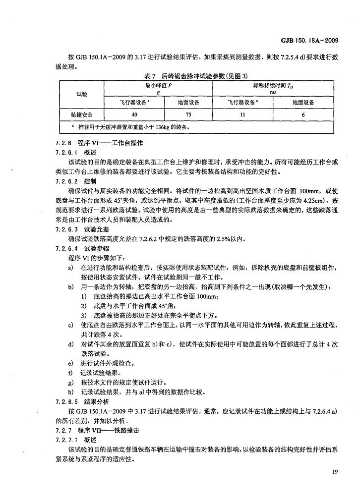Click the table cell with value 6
(303, 114)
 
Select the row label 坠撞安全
(81, 114)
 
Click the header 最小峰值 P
(158, 85)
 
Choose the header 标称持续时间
(272, 85)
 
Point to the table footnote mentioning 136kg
(134, 127)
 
